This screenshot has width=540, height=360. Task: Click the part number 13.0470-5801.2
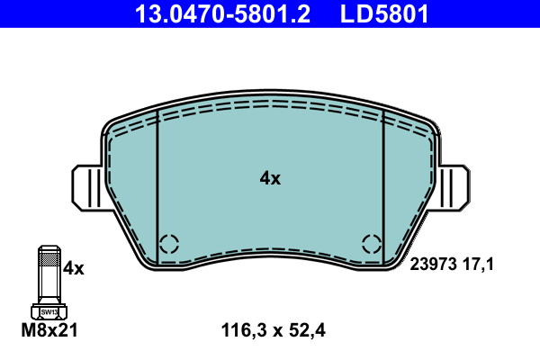click(x=222, y=13)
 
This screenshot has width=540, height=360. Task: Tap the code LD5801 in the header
click(x=384, y=13)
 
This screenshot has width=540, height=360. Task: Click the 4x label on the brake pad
click(x=270, y=178)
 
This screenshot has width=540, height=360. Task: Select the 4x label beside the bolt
click(x=74, y=268)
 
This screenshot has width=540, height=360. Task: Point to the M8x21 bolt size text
click(x=49, y=330)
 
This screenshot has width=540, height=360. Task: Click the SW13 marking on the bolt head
click(x=49, y=312)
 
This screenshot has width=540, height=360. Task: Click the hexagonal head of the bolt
click(x=49, y=311)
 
